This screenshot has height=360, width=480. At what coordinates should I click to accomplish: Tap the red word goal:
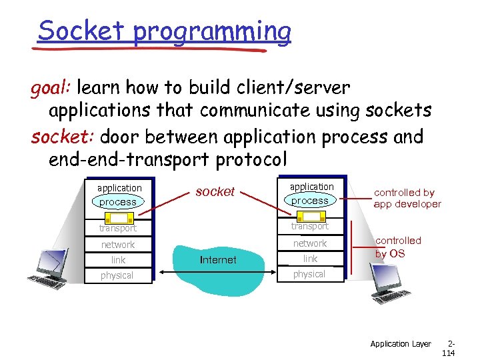[52, 87]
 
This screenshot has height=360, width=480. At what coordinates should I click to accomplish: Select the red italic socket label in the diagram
[215, 191]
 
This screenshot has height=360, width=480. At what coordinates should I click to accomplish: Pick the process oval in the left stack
[117, 201]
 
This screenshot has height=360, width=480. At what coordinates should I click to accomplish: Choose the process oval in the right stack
[310, 200]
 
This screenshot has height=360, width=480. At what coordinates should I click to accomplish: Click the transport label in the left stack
[118, 228]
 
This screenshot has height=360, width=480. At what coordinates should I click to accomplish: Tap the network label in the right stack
[310, 243]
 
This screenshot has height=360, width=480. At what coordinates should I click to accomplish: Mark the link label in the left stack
[118, 260]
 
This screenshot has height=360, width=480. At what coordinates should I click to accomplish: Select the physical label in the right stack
[309, 274]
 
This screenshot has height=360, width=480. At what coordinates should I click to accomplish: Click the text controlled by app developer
[407, 198]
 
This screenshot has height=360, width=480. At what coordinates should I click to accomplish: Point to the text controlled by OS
[398, 247]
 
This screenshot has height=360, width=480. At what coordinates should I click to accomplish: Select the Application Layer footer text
[401, 344]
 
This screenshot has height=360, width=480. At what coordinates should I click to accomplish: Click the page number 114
[448, 353]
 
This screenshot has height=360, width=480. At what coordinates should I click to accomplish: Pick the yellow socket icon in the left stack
[118, 217]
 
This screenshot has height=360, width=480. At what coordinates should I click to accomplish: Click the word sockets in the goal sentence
[398, 111]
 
